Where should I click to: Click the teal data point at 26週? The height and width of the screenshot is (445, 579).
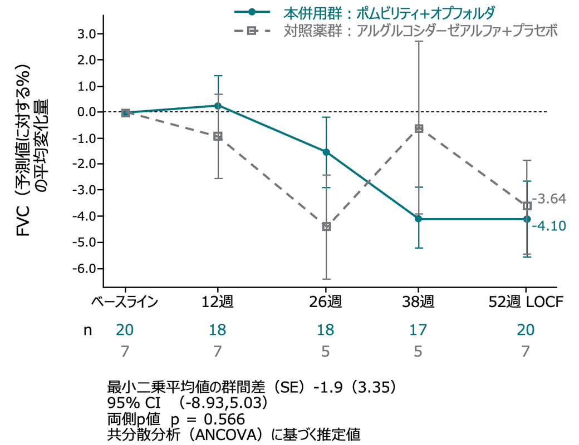pos(326,152)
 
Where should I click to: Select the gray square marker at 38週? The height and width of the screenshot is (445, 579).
pos(419,128)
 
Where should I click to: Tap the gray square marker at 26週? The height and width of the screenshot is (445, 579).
pos(326,226)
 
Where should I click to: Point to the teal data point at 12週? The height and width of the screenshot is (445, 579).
pos(218,106)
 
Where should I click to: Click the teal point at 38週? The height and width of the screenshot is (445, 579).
pos(419,219)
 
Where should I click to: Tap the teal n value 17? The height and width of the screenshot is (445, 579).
pos(419,329)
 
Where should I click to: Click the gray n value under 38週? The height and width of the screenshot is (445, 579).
pos(419,352)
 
